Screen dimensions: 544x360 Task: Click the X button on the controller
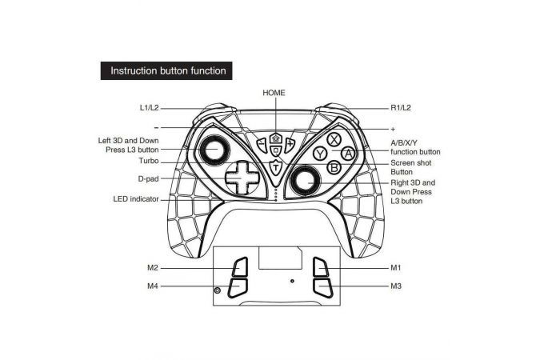[x=334, y=140]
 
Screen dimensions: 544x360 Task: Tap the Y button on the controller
[x=320, y=154]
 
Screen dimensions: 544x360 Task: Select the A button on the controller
[x=348, y=154]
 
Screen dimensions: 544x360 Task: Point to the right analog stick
[x=306, y=180]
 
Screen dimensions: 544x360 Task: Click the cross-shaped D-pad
[x=242, y=178]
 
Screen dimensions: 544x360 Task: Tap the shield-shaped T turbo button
[x=275, y=168]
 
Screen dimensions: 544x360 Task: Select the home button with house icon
[x=276, y=138]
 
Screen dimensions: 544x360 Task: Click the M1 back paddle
[x=320, y=266]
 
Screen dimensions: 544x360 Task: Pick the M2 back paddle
[x=240, y=266]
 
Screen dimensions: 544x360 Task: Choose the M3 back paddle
[x=322, y=288]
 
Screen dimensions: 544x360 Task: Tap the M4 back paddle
[x=238, y=288]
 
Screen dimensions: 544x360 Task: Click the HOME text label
[x=274, y=93]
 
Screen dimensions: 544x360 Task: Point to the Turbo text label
[x=149, y=161]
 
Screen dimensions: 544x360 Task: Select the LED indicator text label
[x=136, y=199]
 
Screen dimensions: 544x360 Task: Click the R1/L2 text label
[x=401, y=108]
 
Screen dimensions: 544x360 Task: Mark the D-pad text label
[x=148, y=179]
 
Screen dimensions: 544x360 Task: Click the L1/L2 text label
[x=149, y=108]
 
